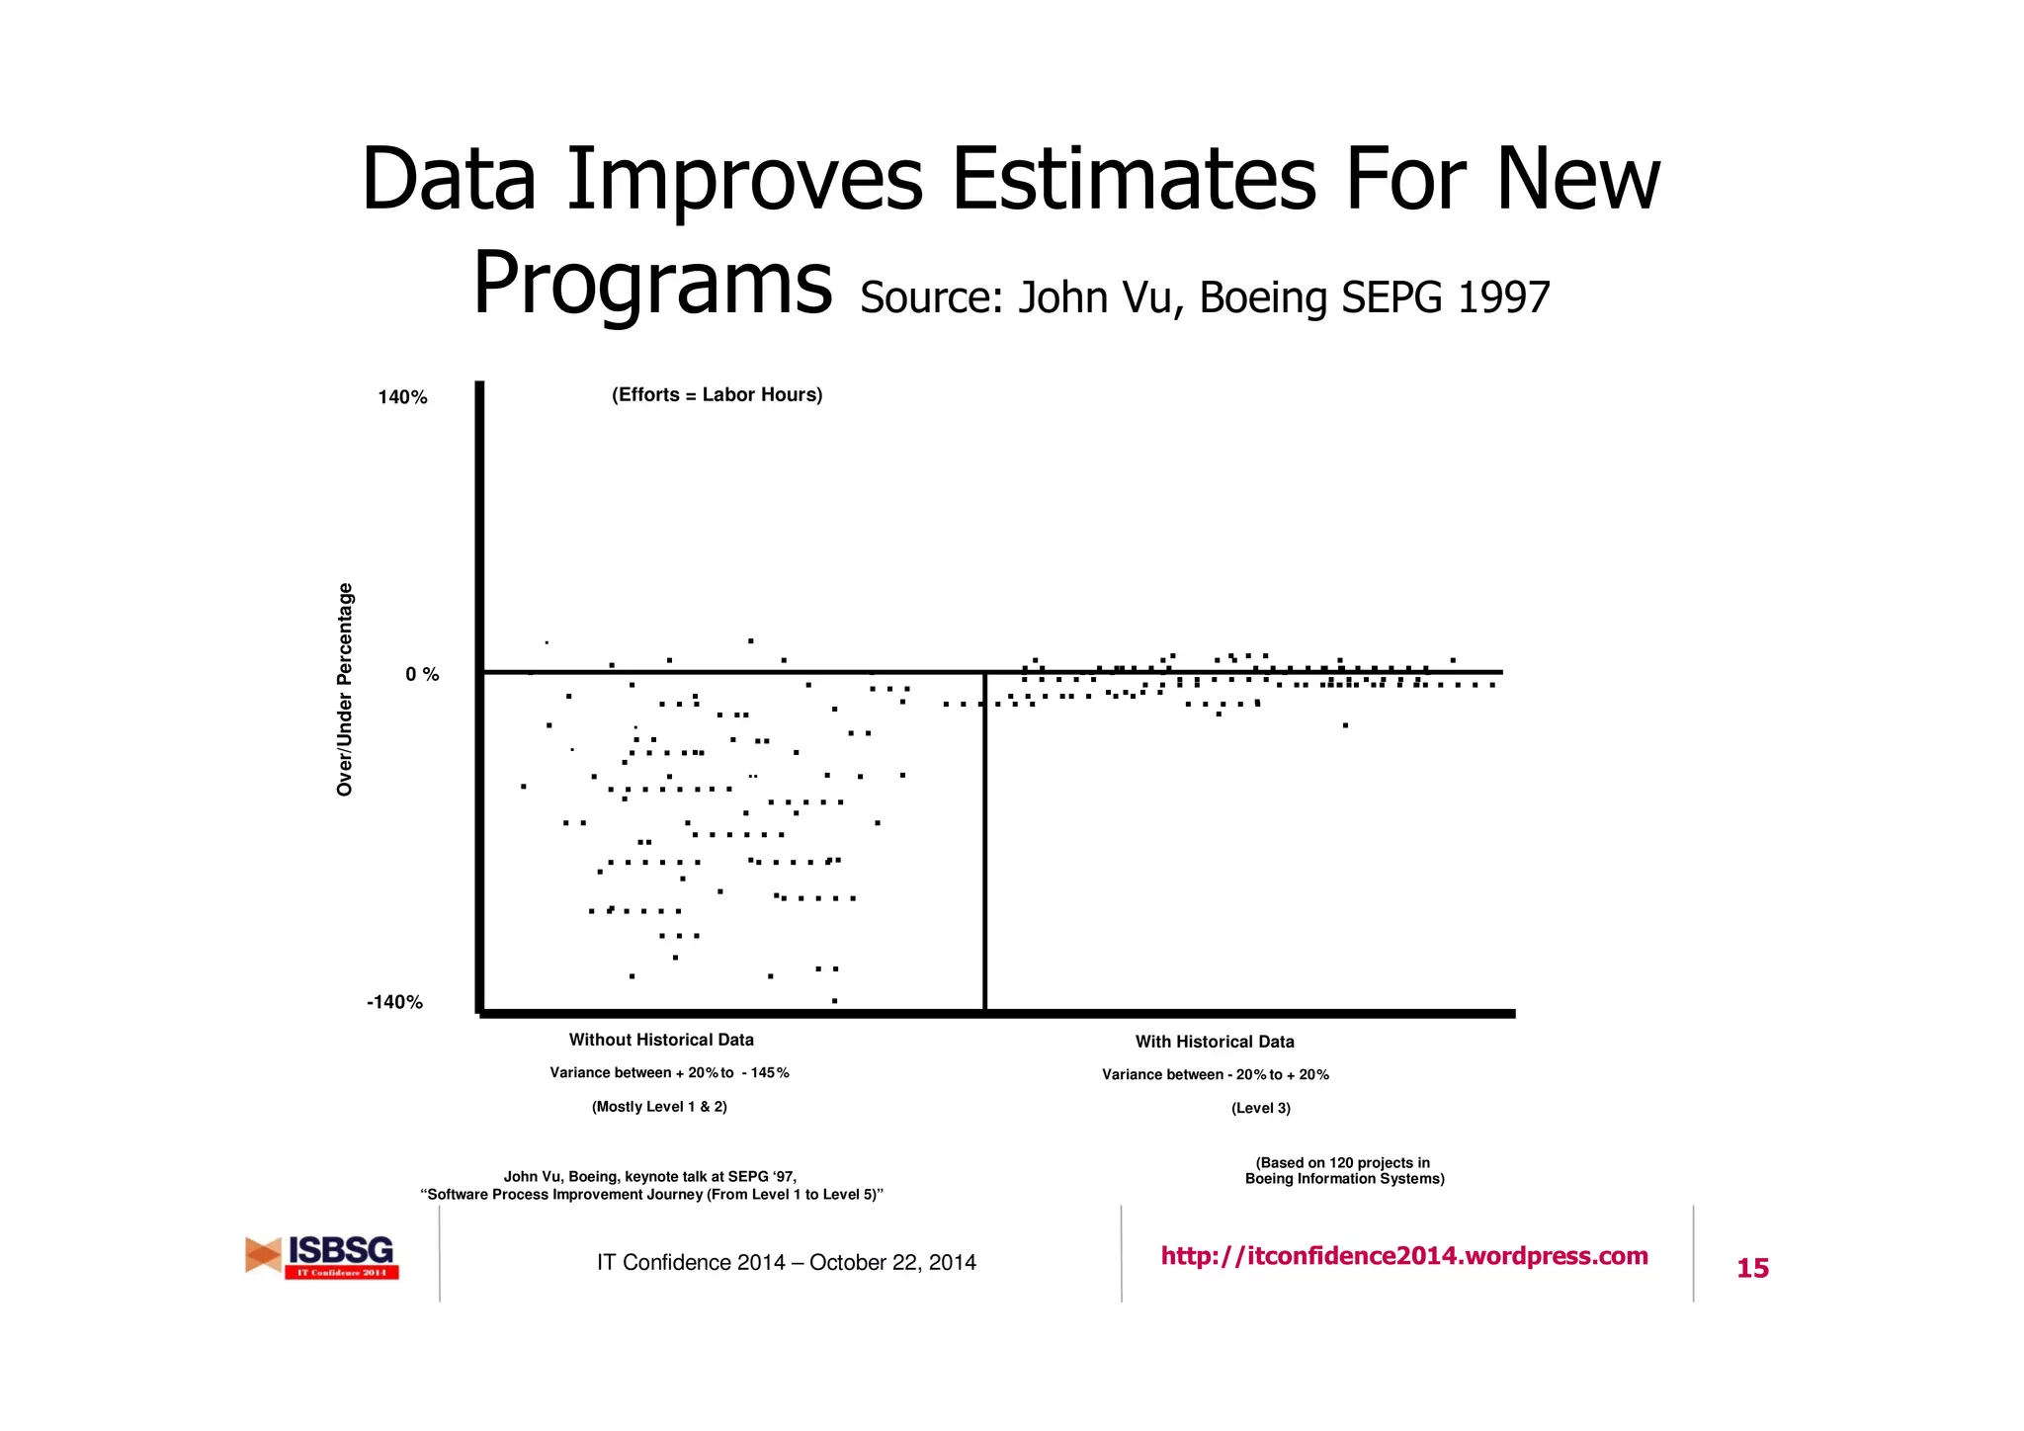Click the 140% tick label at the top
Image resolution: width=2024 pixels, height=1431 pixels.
tap(402, 397)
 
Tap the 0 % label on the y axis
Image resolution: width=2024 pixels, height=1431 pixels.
tap(422, 674)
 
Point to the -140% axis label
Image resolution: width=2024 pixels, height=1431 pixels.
tap(394, 1002)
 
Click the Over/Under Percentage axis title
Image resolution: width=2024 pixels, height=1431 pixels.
tap(345, 689)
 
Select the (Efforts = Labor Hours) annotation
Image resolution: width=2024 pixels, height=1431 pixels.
tap(717, 395)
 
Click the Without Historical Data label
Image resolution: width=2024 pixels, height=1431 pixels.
tap(661, 1040)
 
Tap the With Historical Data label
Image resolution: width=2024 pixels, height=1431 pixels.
tap(1215, 1042)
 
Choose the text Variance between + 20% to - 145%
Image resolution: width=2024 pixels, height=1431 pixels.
tap(669, 1073)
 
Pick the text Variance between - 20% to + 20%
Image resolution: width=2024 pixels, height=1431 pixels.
tap(1216, 1075)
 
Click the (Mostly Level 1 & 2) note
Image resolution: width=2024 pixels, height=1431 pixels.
tap(659, 1107)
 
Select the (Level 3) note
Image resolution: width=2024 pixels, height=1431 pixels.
tap(1260, 1109)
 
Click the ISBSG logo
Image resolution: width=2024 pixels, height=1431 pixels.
tap(322, 1257)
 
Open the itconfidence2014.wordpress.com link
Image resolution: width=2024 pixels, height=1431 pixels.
tap(1404, 1256)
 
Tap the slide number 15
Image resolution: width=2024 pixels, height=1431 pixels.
tap(1752, 1268)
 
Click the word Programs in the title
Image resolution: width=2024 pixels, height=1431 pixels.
tap(652, 285)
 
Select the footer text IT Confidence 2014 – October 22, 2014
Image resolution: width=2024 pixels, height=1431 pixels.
tap(786, 1263)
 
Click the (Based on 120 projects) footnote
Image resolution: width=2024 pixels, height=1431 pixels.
tap(1344, 1171)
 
